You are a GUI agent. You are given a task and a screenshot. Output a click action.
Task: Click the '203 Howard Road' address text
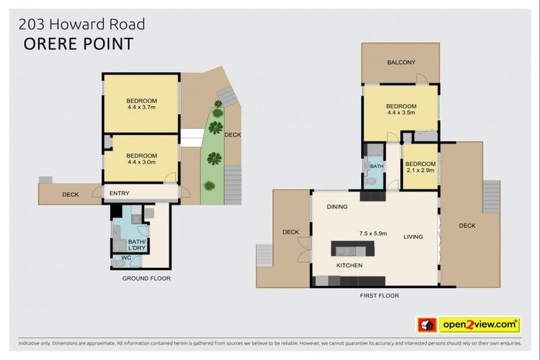coord(82,24)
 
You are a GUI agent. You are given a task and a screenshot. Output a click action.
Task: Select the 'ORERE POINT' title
coord(78,44)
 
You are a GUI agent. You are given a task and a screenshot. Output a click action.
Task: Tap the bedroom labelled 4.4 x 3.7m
coord(142,104)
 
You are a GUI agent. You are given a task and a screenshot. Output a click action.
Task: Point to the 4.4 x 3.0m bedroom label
coord(142,158)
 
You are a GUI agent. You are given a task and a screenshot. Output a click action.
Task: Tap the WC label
coord(127,257)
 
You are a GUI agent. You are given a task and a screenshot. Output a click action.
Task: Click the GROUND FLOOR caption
coord(146,278)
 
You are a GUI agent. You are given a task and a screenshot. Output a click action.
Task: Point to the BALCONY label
coord(401,63)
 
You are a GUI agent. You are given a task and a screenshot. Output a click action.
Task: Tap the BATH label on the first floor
coord(377,167)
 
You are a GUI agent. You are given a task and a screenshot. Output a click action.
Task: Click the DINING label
coord(337,207)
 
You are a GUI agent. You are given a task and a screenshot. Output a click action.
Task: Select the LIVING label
coord(413,237)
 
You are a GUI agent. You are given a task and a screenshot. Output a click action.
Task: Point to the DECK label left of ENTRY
coord(70,194)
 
